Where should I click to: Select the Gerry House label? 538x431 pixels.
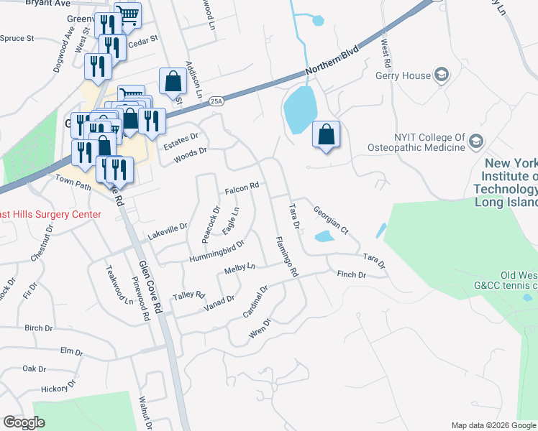(402, 75)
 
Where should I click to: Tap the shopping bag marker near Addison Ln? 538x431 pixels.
(173, 82)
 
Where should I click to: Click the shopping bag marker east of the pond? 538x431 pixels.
(327, 134)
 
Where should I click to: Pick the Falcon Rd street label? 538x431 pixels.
(241, 189)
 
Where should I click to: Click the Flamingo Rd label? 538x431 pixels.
(286, 256)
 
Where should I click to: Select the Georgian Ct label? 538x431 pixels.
(331, 220)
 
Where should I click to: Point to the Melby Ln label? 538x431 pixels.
(240, 269)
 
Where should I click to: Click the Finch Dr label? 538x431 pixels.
(352, 275)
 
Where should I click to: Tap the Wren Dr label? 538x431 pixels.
(258, 328)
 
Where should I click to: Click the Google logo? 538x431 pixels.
(24, 422)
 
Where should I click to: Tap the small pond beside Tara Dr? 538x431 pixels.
(324, 236)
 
